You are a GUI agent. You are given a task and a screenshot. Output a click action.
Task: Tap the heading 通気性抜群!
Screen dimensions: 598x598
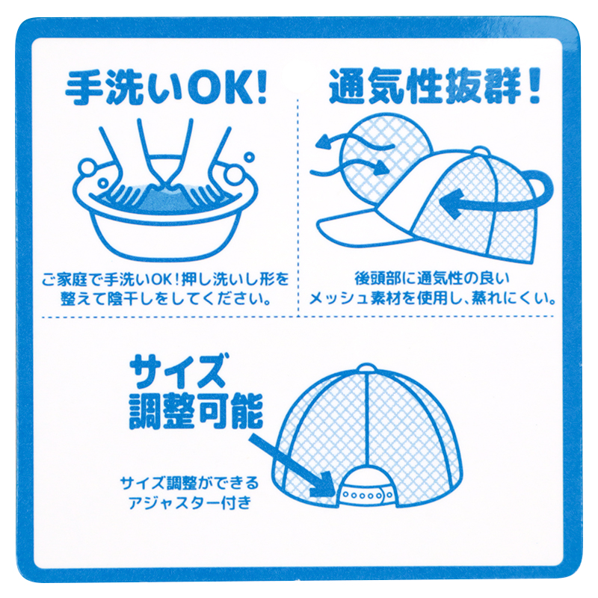point(435,86)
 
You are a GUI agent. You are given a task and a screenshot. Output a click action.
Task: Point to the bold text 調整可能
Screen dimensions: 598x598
point(196,411)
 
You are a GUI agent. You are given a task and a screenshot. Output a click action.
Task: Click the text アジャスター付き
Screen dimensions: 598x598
point(190,502)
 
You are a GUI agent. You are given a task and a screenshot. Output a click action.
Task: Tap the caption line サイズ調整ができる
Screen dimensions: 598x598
point(190,484)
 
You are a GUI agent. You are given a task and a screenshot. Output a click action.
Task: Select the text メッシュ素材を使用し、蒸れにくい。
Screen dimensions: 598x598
point(433,298)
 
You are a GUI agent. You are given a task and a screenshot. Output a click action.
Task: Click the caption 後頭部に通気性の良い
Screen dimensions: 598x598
point(432,278)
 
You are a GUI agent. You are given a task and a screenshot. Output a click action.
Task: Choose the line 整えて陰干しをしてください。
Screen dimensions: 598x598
point(166,298)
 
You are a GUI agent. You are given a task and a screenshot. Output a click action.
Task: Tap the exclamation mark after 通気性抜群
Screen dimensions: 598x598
point(534,86)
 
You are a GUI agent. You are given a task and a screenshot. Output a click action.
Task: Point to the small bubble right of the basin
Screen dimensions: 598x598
point(249,156)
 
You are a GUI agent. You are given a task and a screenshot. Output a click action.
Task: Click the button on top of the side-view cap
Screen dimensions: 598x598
point(481,150)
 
